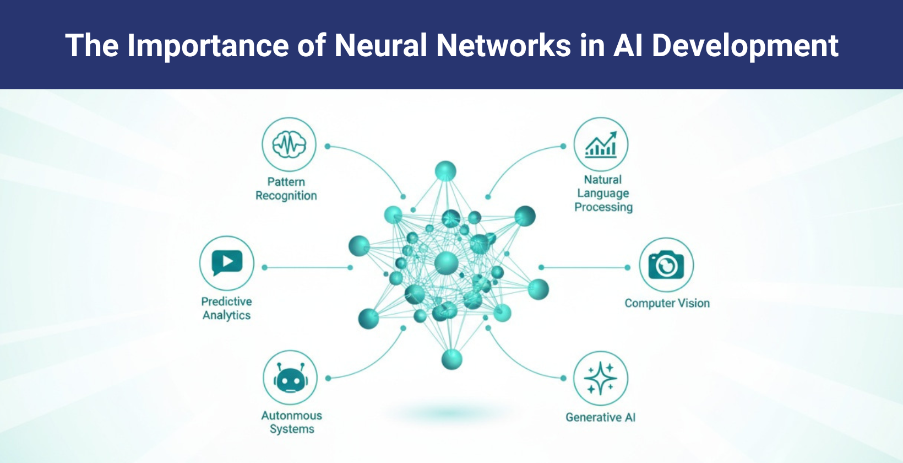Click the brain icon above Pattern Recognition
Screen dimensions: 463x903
pos(289,145)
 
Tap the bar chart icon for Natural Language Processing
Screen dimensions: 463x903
pos(601,145)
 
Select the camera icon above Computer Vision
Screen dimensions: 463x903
pos(666,265)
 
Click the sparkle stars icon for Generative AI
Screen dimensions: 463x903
pos(601,379)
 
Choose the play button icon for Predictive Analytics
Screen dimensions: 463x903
pos(227,263)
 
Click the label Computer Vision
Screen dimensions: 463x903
pos(667,303)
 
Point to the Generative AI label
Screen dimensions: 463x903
pos(600,417)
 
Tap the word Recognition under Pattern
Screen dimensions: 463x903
pos(286,196)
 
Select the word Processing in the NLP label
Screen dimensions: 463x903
pos(603,207)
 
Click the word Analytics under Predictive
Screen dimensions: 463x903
pos(226,315)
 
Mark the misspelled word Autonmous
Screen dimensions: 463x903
pos(291,416)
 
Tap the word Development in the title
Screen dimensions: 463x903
pos(745,45)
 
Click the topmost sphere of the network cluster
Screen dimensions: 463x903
pos(445,171)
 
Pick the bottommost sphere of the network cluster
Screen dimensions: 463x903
pos(452,359)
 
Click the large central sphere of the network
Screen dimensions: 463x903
pos(446,263)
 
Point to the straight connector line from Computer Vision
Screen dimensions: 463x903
pos(584,267)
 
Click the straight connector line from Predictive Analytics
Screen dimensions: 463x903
pos(307,267)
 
